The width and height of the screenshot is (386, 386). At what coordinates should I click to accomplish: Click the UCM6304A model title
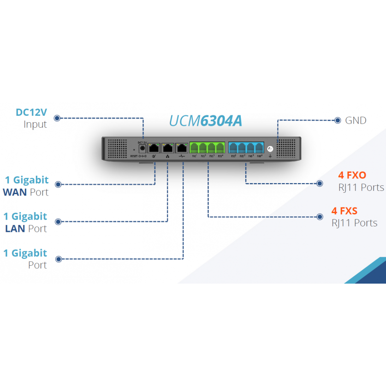click(206, 120)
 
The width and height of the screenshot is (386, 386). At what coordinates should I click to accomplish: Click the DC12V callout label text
click(31, 112)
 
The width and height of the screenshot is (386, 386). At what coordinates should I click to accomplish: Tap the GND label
click(356, 120)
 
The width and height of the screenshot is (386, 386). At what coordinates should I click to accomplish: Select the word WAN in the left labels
click(15, 192)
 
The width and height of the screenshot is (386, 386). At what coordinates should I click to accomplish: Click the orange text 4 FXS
click(344, 211)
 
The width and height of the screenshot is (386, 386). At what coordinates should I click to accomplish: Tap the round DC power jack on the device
click(142, 148)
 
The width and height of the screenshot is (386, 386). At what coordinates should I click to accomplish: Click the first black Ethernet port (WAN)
click(154, 148)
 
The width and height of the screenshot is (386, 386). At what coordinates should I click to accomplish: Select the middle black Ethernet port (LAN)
click(168, 148)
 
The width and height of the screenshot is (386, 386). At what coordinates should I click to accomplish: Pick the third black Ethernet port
click(182, 148)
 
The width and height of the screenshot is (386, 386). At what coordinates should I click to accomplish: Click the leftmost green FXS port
click(195, 148)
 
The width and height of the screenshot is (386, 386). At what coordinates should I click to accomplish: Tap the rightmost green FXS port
click(220, 148)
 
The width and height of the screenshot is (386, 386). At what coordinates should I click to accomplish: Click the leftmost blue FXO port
click(233, 148)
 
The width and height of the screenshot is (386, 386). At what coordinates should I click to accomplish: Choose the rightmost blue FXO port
click(259, 148)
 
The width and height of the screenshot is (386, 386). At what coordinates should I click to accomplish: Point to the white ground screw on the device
click(270, 149)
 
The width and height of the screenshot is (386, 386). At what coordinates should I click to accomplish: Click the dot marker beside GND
click(338, 120)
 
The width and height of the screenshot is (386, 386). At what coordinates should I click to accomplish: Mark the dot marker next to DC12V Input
click(57, 118)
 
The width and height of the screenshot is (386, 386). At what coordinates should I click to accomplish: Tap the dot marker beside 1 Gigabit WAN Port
click(58, 184)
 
